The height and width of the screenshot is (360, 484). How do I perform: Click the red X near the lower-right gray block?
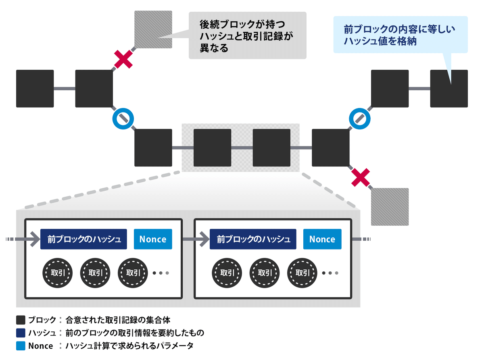[x=361, y=178]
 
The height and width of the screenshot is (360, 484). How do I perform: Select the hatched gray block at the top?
[x=153, y=30]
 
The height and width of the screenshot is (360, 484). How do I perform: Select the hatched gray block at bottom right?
[x=390, y=207]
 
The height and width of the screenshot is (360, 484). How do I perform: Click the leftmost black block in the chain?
[x=35, y=89]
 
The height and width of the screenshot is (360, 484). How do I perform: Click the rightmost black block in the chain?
[x=449, y=89]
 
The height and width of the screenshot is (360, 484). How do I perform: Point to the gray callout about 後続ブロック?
[x=247, y=35]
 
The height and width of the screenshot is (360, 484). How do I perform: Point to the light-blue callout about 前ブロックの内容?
[x=400, y=35]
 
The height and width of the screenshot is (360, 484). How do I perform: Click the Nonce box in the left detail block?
[x=153, y=239]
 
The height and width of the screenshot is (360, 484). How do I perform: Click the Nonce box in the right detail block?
[x=322, y=239]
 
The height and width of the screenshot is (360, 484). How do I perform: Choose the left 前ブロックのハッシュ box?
[x=84, y=239]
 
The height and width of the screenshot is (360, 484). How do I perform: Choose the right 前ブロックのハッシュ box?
[x=253, y=239]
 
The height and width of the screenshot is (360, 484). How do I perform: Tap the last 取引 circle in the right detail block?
[x=302, y=273]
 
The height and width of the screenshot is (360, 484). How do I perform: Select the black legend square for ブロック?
[x=21, y=320]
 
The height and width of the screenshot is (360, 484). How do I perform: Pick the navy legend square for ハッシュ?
[x=21, y=333]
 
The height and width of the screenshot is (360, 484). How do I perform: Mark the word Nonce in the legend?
[x=40, y=346]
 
